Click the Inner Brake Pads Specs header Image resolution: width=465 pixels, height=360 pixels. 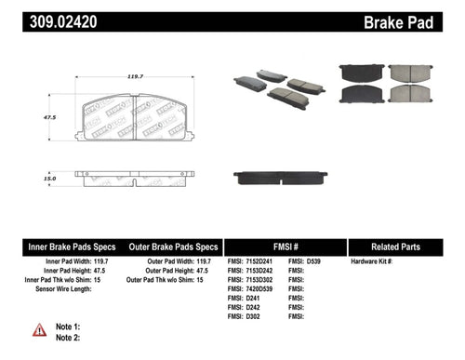click(71, 247)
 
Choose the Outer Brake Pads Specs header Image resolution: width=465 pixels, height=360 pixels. click(174, 247)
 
